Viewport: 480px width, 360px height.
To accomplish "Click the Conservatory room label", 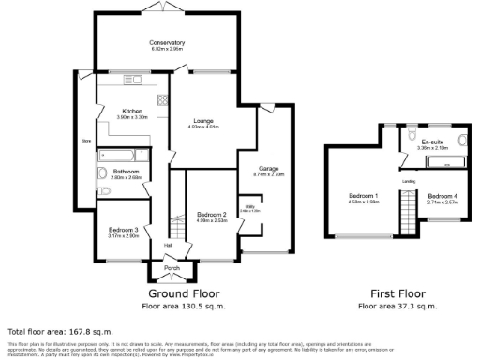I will coord(166,43).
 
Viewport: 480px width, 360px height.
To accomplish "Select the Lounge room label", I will coord(204,121).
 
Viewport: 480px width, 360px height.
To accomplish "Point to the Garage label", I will coord(269,169).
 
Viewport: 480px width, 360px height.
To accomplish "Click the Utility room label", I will coord(250,209).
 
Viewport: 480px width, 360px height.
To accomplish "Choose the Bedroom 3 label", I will coord(123,230).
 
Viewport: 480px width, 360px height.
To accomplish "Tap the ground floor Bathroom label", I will coord(127,172).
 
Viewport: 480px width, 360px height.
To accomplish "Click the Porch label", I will coord(172,268).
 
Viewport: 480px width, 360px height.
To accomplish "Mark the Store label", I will coord(85,142).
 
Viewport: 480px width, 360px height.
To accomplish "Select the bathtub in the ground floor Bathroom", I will coord(118,152).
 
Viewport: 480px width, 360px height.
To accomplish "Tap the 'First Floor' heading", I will coord(397,292).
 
